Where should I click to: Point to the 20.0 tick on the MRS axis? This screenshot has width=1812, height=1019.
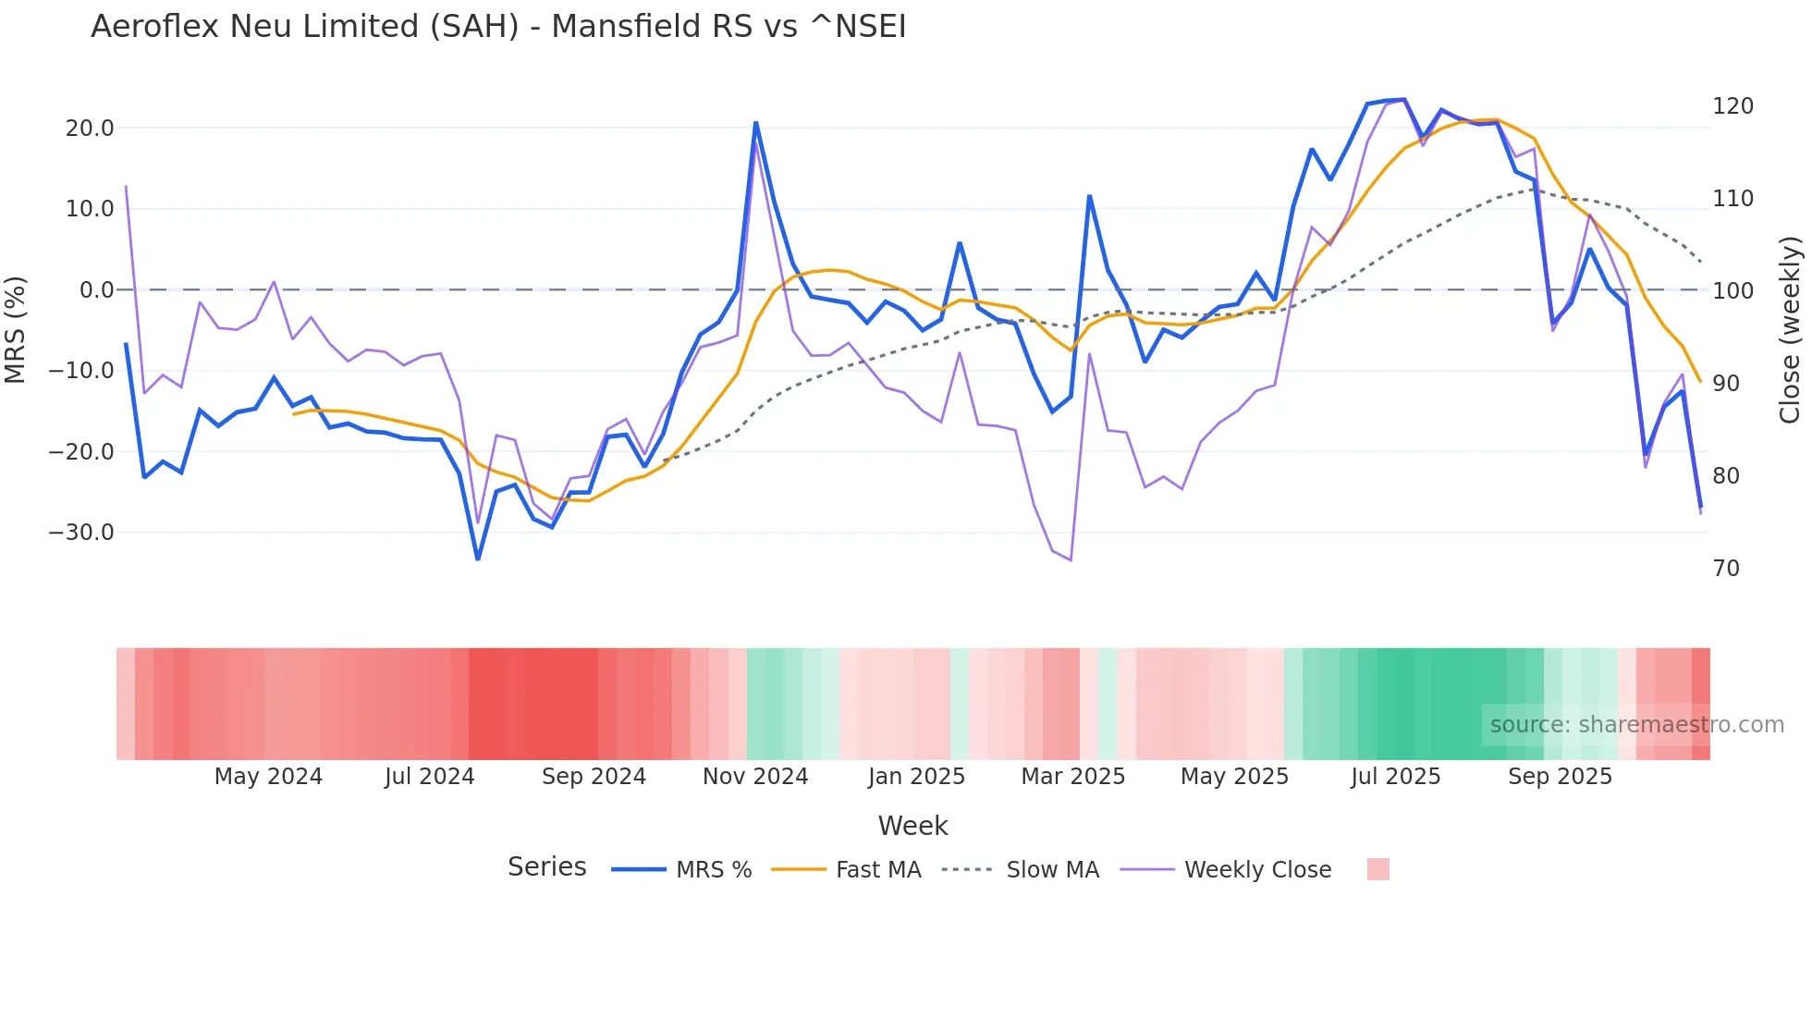click(x=89, y=129)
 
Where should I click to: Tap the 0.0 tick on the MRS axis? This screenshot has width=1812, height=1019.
click(x=96, y=290)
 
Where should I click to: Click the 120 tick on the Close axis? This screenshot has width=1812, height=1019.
click(x=1732, y=106)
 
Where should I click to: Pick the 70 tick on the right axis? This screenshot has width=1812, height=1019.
click(x=1726, y=569)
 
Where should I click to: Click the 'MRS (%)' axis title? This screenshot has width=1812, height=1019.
click(x=16, y=329)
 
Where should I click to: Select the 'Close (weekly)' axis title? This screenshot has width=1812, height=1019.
click(x=1791, y=329)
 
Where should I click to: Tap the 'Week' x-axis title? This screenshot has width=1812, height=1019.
click(x=912, y=826)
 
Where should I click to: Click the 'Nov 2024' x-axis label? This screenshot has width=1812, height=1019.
click(x=755, y=777)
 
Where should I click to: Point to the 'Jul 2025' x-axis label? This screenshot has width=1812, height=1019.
click(x=1395, y=777)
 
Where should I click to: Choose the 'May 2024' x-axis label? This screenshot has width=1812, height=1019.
click(x=268, y=777)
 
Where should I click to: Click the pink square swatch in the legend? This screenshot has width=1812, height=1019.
click(x=1377, y=869)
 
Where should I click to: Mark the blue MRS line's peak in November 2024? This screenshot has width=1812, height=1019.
click(x=755, y=122)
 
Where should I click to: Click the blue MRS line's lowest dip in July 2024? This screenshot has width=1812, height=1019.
click(x=478, y=559)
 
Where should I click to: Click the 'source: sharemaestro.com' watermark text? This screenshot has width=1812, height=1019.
click(x=1636, y=725)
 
